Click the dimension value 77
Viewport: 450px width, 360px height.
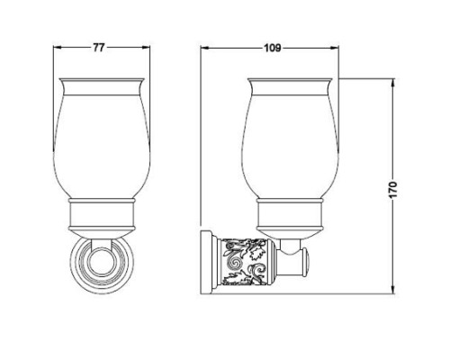click(x=98, y=48)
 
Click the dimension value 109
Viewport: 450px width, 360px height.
click(x=273, y=48)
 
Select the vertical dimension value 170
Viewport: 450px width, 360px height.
click(x=392, y=189)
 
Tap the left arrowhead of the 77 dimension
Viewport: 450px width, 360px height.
click(x=58, y=48)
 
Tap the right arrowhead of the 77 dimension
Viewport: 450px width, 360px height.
click(x=146, y=48)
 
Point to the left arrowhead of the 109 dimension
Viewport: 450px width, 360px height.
click(x=205, y=48)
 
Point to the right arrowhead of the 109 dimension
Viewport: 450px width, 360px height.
click(x=335, y=48)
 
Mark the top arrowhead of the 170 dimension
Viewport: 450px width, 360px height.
click(x=392, y=82)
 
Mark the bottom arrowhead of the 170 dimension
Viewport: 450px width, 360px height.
click(x=392, y=290)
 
